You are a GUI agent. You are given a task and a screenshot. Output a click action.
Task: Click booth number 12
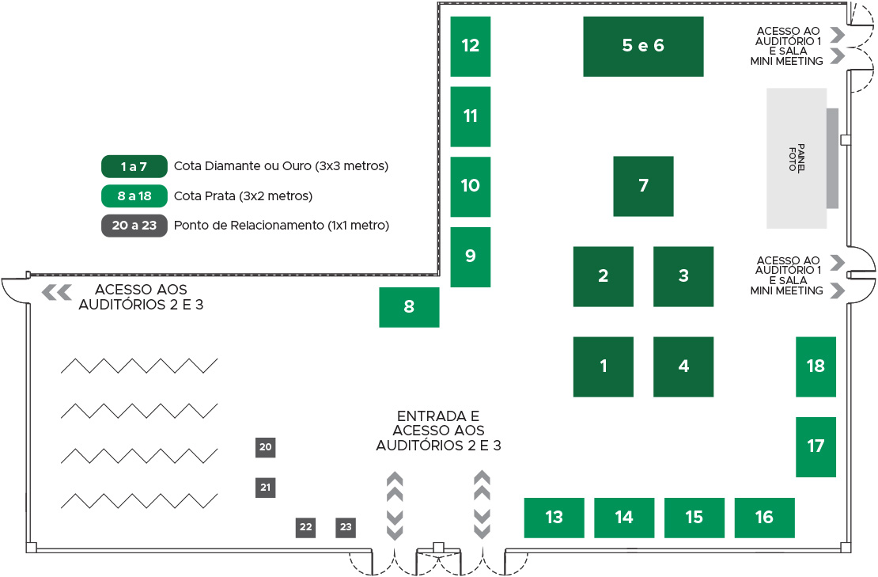click(x=471, y=47)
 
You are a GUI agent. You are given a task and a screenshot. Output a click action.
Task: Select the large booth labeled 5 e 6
click(x=643, y=47)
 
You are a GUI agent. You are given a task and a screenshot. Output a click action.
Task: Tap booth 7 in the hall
click(x=643, y=187)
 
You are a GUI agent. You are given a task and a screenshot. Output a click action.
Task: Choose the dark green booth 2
click(x=603, y=277)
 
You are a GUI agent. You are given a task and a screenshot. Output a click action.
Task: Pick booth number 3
click(x=683, y=277)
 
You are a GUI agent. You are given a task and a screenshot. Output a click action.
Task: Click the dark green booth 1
click(x=603, y=367)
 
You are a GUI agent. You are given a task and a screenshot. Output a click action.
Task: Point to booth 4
click(x=683, y=367)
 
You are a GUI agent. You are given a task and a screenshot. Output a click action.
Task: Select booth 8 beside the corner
click(x=409, y=308)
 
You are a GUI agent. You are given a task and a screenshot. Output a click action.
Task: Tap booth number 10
click(x=471, y=187)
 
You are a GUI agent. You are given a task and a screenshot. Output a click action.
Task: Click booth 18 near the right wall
click(x=816, y=367)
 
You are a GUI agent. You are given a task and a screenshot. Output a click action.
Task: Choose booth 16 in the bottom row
click(x=764, y=518)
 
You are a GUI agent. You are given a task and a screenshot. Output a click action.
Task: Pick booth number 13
click(x=554, y=518)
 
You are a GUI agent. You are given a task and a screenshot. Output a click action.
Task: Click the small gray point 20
click(x=266, y=447)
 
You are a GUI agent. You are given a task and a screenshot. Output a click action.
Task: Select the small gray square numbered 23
click(x=346, y=527)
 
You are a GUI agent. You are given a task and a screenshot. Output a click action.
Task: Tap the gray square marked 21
click(x=266, y=488)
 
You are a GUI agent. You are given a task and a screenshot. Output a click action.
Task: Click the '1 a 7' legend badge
click(x=134, y=166)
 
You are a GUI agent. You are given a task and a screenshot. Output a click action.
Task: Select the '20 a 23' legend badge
click(x=134, y=226)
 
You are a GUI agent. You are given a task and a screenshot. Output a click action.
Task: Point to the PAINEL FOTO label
click(x=797, y=158)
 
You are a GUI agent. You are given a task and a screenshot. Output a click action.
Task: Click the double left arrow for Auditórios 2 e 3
click(x=57, y=292)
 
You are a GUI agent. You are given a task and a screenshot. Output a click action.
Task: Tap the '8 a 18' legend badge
click(x=134, y=196)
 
